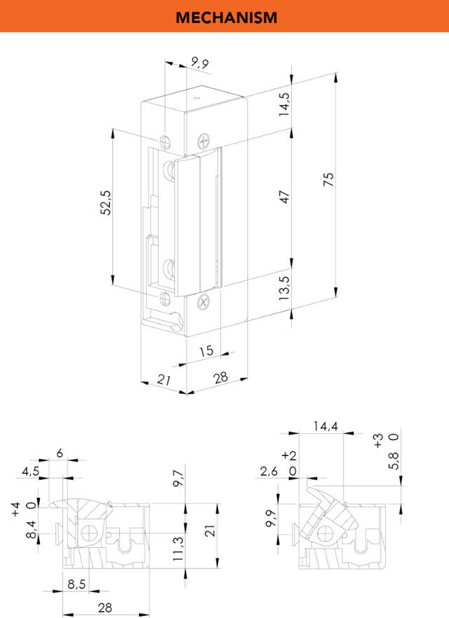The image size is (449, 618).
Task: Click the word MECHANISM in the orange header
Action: click(x=226, y=17)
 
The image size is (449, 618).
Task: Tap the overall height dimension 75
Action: click(x=328, y=179)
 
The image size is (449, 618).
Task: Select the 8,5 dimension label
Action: click(x=78, y=582)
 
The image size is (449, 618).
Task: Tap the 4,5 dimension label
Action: click(x=30, y=472)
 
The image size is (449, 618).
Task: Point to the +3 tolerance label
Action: click(x=379, y=441)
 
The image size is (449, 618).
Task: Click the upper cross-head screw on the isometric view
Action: click(x=204, y=141)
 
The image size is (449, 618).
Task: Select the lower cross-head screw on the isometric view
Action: click(x=203, y=302)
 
